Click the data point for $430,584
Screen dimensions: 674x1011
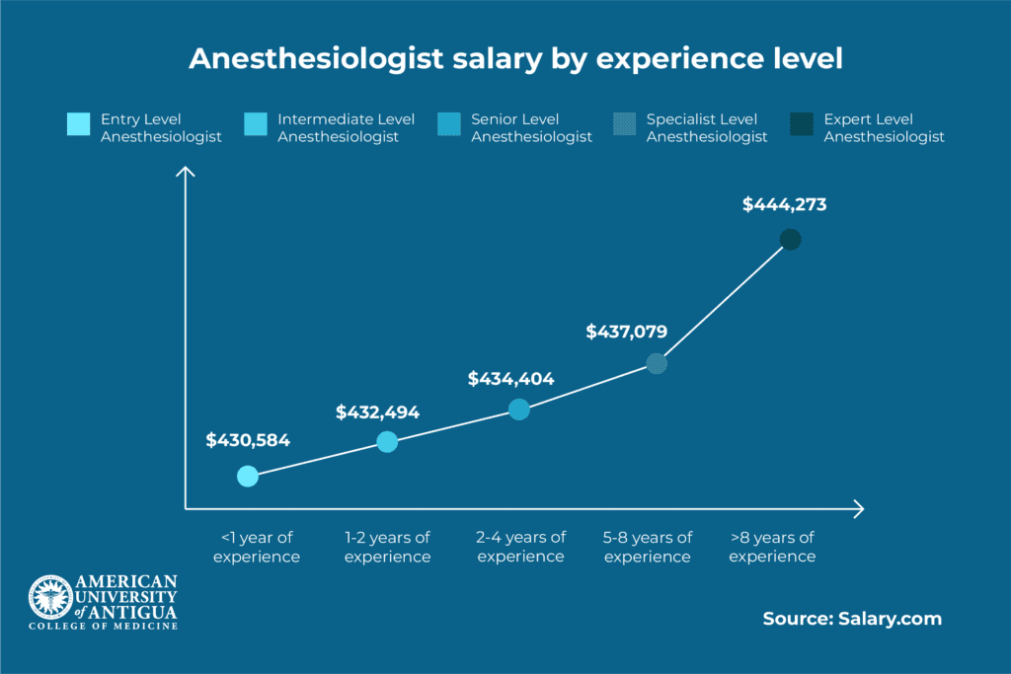[x=248, y=477]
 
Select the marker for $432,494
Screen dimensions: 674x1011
[x=387, y=442]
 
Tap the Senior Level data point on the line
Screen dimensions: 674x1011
[x=519, y=410]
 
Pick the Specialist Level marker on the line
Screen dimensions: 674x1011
[x=657, y=363]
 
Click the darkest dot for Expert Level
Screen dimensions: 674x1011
[x=790, y=240]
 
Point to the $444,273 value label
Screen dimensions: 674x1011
[x=784, y=206]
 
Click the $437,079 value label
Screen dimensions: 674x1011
[x=626, y=332]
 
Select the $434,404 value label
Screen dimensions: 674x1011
[x=510, y=378]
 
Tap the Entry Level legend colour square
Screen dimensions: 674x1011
[x=78, y=125]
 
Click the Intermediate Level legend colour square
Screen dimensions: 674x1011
[x=255, y=125]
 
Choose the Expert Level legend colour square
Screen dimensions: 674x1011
[x=802, y=125]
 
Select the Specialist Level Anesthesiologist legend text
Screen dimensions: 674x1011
[x=707, y=128]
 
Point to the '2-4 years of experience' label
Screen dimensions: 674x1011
[x=520, y=547]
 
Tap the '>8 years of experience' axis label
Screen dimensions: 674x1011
[x=772, y=547]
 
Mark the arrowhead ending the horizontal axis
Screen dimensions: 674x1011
[x=859, y=509]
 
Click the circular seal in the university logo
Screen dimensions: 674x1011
[x=48, y=598]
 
